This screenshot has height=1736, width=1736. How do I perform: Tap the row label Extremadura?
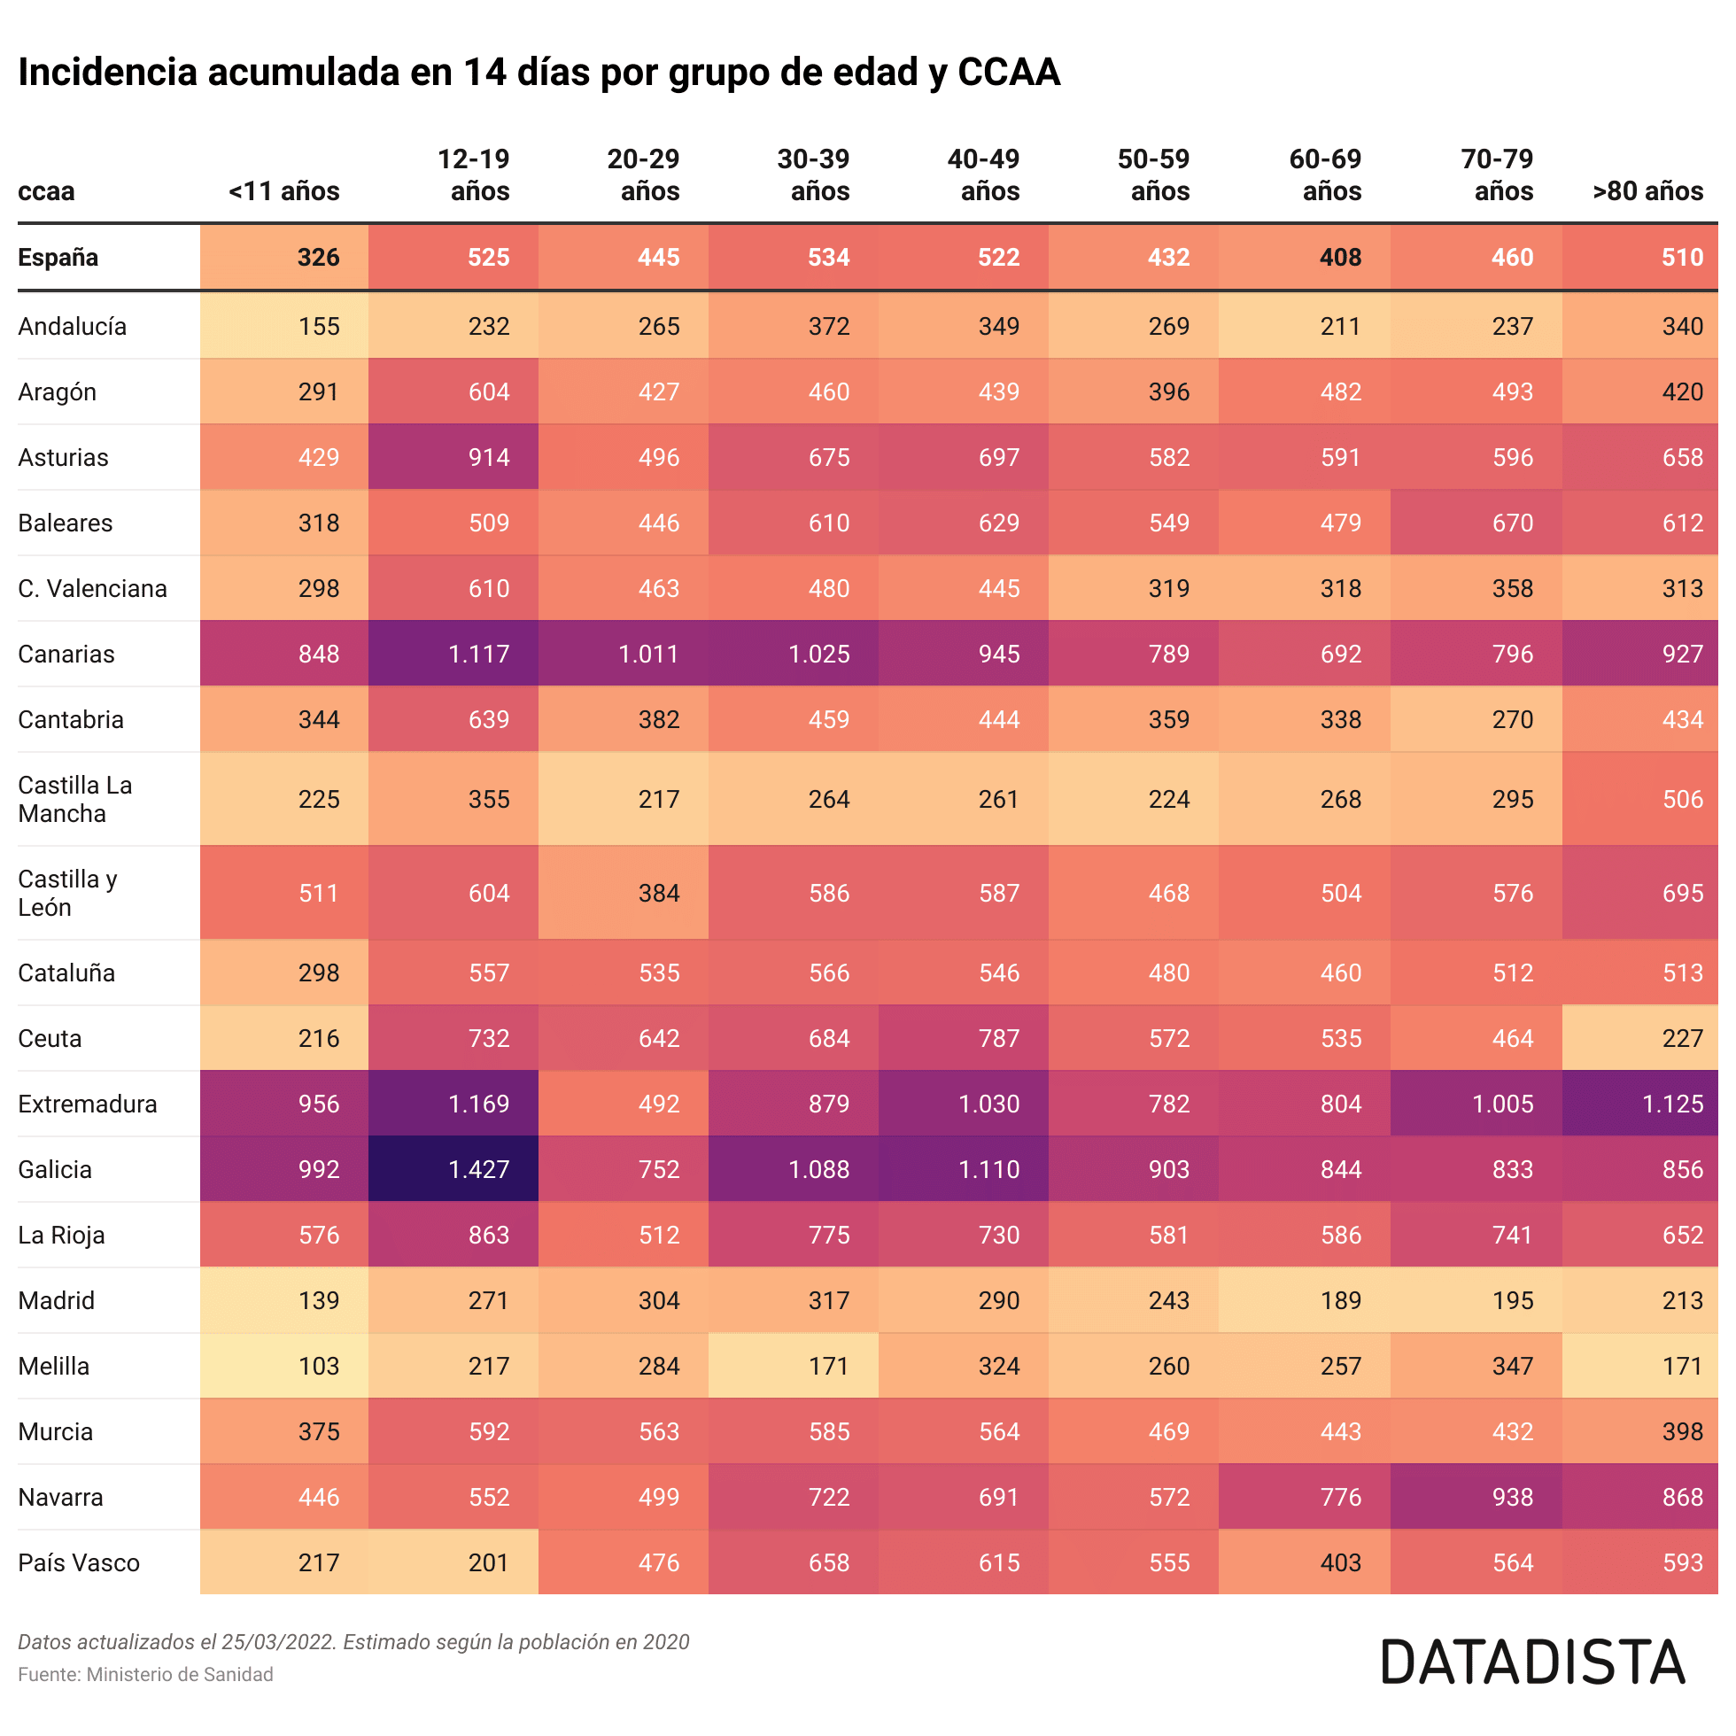[87, 1104]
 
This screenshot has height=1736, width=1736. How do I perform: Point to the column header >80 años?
[1647, 191]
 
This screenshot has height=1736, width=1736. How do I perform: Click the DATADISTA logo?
[1532, 1662]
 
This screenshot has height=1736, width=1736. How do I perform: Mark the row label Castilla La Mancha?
[75, 799]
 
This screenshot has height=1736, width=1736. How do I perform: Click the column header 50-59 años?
[1153, 175]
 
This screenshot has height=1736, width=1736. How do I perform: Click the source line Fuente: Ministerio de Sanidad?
[145, 1674]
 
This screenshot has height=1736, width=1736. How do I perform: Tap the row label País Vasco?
[79, 1562]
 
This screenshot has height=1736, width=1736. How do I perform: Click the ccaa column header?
[47, 191]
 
